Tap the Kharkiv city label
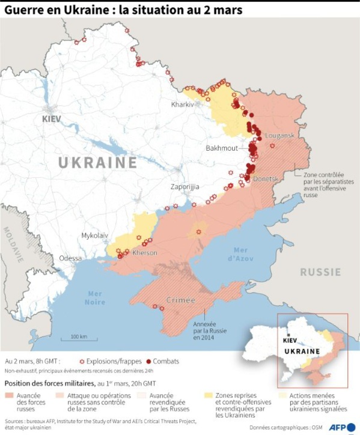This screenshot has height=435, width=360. [x=183, y=104]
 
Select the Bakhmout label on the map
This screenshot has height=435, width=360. [x=221, y=148]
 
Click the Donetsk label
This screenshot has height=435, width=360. [x=266, y=179]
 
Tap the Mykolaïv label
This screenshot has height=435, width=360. [x=95, y=236]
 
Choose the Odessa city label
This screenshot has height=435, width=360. [x=70, y=258]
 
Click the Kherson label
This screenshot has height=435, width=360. [x=144, y=253]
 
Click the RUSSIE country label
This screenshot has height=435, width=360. [x=320, y=272]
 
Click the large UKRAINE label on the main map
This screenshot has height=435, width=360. [x=98, y=163]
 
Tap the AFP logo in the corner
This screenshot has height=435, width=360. [x=340, y=427]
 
